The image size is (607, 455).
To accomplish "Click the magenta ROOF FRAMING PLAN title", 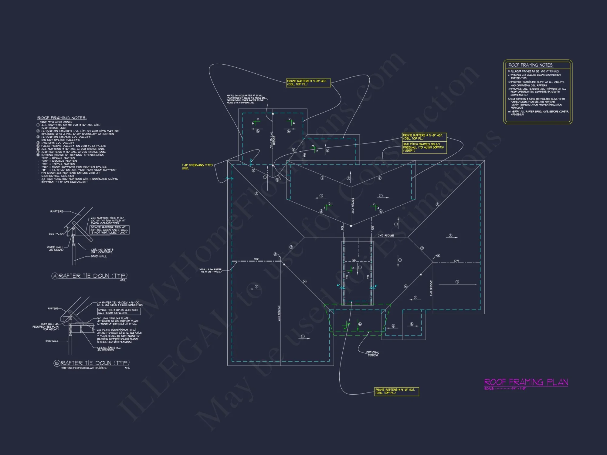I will click(x=526, y=382).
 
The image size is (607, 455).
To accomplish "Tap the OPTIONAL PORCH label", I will click(x=372, y=354).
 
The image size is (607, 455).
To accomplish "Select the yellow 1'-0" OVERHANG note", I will click(x=197, y=167).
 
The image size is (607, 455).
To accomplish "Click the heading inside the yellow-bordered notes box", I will click(x=531, y=65).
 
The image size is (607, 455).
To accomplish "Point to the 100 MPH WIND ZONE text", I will click(x=56, y=122).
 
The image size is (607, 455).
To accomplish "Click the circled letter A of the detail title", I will click(x=55, y=276).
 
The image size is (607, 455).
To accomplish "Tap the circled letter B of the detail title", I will click(x=57, y=363).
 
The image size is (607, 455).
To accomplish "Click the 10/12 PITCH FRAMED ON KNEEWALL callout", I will click(x=424, y=147).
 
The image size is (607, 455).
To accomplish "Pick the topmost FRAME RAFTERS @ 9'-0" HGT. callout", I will click(x=308, y=83).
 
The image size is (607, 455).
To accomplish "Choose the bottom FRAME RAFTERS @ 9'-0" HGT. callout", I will click(x=396, y=391).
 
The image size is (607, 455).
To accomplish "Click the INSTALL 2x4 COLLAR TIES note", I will click(x=246, y=99).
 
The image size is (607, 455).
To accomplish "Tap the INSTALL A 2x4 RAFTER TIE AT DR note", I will click(x=211, y=271).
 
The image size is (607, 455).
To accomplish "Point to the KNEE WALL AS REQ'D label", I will click(x=56, y=249).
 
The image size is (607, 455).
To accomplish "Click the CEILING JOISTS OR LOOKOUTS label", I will click(x=102, y=251).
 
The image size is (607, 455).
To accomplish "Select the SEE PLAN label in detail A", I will click(x=56, y=234).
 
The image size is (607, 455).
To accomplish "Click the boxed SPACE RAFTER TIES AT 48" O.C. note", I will click(x=109, y=230).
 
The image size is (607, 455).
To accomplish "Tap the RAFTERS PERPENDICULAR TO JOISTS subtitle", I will click(x=84, y=368).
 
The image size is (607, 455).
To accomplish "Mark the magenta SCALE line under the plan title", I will click(x=505, y=389).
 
